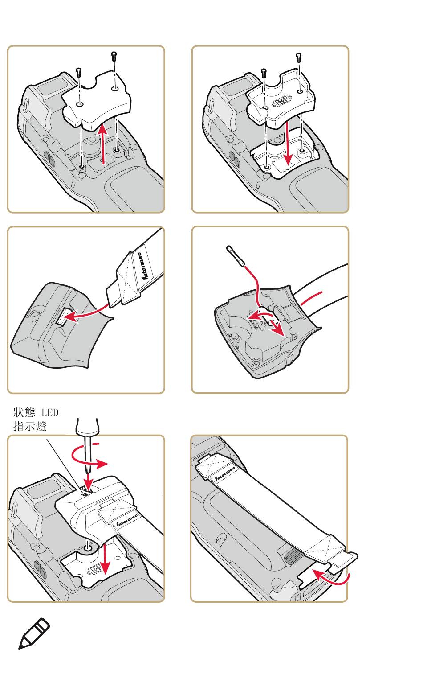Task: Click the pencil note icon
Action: pyautogui.click(x=34, y=633)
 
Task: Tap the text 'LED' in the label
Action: pyautogui.click(x=50, y=413)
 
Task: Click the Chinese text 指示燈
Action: pyautogui.click(x=30, y=426)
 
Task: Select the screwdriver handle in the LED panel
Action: pyautogui.click(x=87, y=426)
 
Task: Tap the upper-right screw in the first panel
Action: pyautogui.click(x=114, y=56)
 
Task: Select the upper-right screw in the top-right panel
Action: pyautogui.click(x=299, y=58)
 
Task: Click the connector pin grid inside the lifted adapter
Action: pyautogui.click(x=282, y=102)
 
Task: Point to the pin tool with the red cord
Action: pyautogui.click(x=236, y=256)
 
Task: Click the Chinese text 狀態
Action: pyautogui.click(x=24, y=412)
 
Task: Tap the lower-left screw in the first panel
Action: pyautogui.click(x=78, y=73)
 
